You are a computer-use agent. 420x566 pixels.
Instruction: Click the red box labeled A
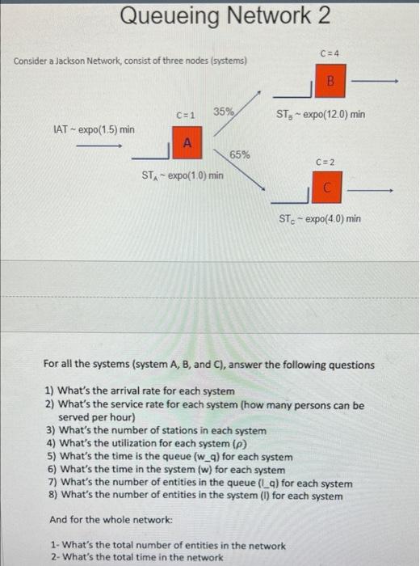tap(187, 143)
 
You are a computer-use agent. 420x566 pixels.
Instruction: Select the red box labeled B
tap(329, 80)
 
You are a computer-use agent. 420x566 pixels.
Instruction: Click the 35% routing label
tap(225, 111)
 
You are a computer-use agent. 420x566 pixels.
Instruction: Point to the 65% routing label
tap(240, 154)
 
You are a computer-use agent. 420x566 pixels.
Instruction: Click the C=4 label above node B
tap(329, 53)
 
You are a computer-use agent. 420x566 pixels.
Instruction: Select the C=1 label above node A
tap(187, 115)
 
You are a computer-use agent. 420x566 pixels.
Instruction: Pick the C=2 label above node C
tap(327, 162)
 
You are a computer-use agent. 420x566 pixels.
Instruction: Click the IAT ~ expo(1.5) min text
tap(93, 129)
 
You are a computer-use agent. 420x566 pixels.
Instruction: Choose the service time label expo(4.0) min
tap(320, 218)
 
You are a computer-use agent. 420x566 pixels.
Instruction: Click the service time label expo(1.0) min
tap(183, 175)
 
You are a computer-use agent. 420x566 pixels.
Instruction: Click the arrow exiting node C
tap(376, 191)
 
